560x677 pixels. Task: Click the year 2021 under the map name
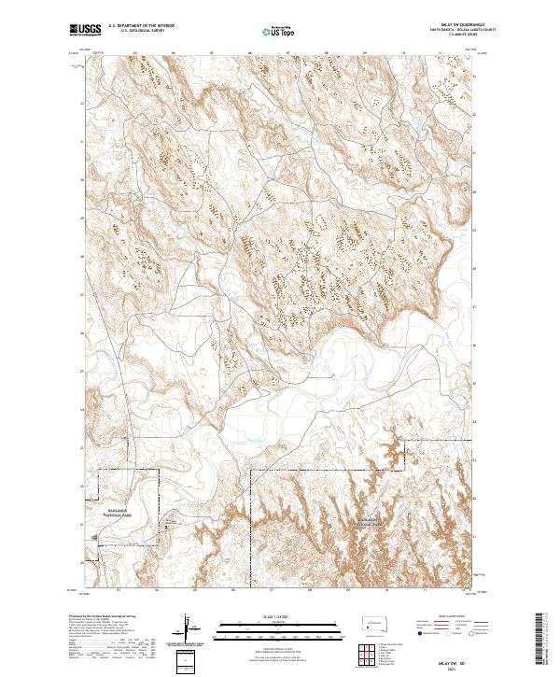(455, 665)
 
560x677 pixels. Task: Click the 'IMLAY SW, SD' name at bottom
(455, 657)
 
